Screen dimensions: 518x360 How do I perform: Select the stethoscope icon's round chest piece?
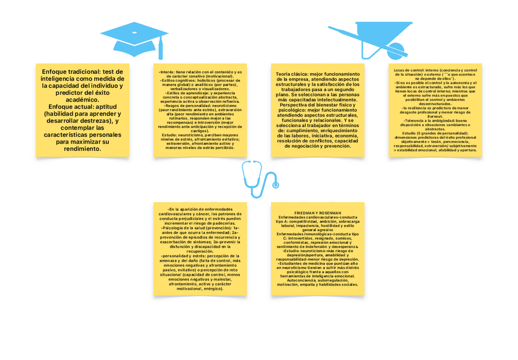[x=276, y=185]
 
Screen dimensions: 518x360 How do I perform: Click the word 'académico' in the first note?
[x=81, y=100]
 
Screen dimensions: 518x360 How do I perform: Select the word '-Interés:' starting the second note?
[x=166, y=72]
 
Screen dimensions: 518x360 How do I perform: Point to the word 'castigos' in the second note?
[x=200, y=131]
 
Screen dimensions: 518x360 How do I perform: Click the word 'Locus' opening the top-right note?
[x=401, y=70]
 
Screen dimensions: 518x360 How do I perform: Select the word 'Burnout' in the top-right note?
[x=435, y=114]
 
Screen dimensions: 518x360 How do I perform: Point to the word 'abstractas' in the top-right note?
[x=435, y=129]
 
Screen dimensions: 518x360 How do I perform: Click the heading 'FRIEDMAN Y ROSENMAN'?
[x=318, y=213]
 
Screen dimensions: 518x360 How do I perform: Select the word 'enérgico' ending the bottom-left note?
[x=211, y=288]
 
